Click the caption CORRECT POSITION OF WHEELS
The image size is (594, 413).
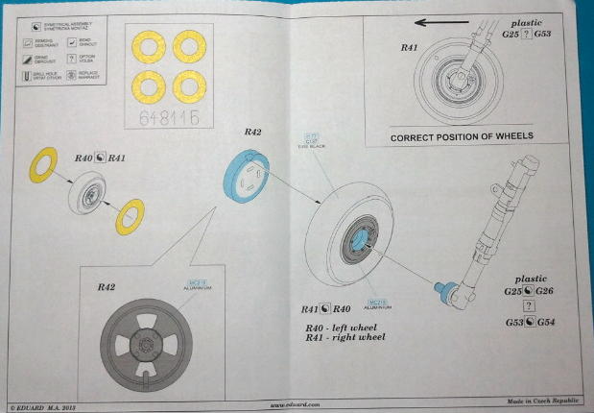[x=461, y=136]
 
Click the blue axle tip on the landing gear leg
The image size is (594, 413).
[x=446, y=286]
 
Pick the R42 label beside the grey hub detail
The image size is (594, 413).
[x=106, y=287]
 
